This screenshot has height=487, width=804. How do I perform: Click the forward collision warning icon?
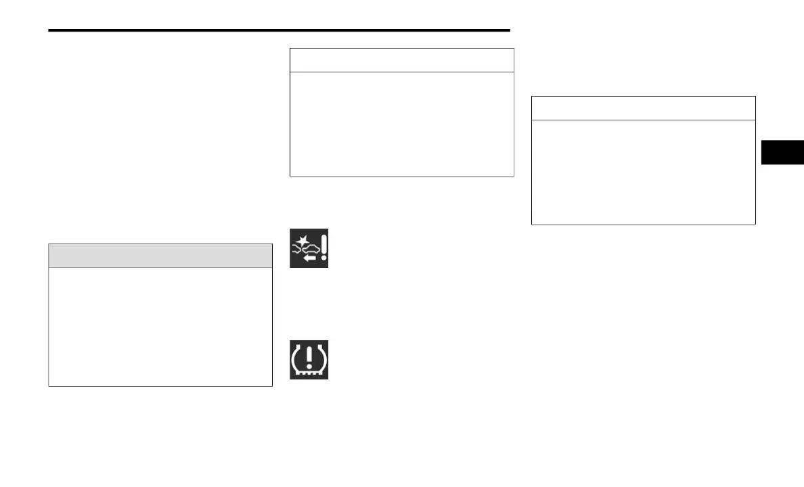pos(309,248)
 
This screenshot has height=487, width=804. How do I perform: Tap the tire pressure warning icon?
pos(309,359)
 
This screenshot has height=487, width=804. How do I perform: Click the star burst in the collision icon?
pos(300,238)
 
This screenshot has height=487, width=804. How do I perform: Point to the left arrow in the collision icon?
pos(309,258)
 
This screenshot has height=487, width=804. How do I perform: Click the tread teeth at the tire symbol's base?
pos(309,372)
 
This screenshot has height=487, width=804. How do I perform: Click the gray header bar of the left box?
pos(160,256)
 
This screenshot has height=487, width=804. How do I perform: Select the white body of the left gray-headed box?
pos(160,327)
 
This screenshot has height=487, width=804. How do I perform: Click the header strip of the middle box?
pos(402,60)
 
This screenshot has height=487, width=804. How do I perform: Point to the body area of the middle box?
pos(402,124)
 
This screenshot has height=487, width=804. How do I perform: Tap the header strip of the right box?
pos(643,108)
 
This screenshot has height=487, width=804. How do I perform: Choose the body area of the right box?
pos(643,172)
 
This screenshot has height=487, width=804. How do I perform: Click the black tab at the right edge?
pos(782,152)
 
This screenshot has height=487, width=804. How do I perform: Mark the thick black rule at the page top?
pos(279,30)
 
